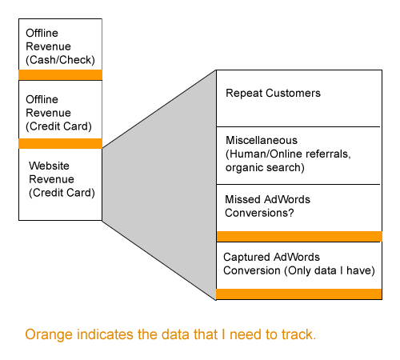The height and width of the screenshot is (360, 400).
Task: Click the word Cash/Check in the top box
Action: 60,60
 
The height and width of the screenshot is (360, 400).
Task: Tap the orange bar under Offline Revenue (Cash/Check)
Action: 60,75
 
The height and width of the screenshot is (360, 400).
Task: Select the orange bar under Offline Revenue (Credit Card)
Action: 60,143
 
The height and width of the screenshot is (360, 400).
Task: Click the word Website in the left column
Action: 49,166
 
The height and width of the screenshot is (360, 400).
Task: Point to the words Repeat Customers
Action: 273,93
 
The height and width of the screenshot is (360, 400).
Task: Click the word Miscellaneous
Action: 262,140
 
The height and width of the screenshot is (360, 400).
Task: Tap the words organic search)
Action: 265,167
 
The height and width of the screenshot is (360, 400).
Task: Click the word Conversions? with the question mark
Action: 259,213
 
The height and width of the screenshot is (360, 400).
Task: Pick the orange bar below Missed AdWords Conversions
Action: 299,236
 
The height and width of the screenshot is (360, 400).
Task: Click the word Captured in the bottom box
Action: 246,257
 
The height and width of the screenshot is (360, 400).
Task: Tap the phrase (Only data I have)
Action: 330,270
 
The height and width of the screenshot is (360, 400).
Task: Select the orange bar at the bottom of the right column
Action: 299,294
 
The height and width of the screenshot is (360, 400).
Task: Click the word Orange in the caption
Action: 49,334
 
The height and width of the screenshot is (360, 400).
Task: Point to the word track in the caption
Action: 298,334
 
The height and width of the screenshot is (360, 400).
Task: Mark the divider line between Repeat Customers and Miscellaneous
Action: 298,126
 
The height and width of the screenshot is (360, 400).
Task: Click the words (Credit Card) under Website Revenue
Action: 62,193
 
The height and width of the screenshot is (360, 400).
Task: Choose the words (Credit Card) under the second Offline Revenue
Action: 58,126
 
